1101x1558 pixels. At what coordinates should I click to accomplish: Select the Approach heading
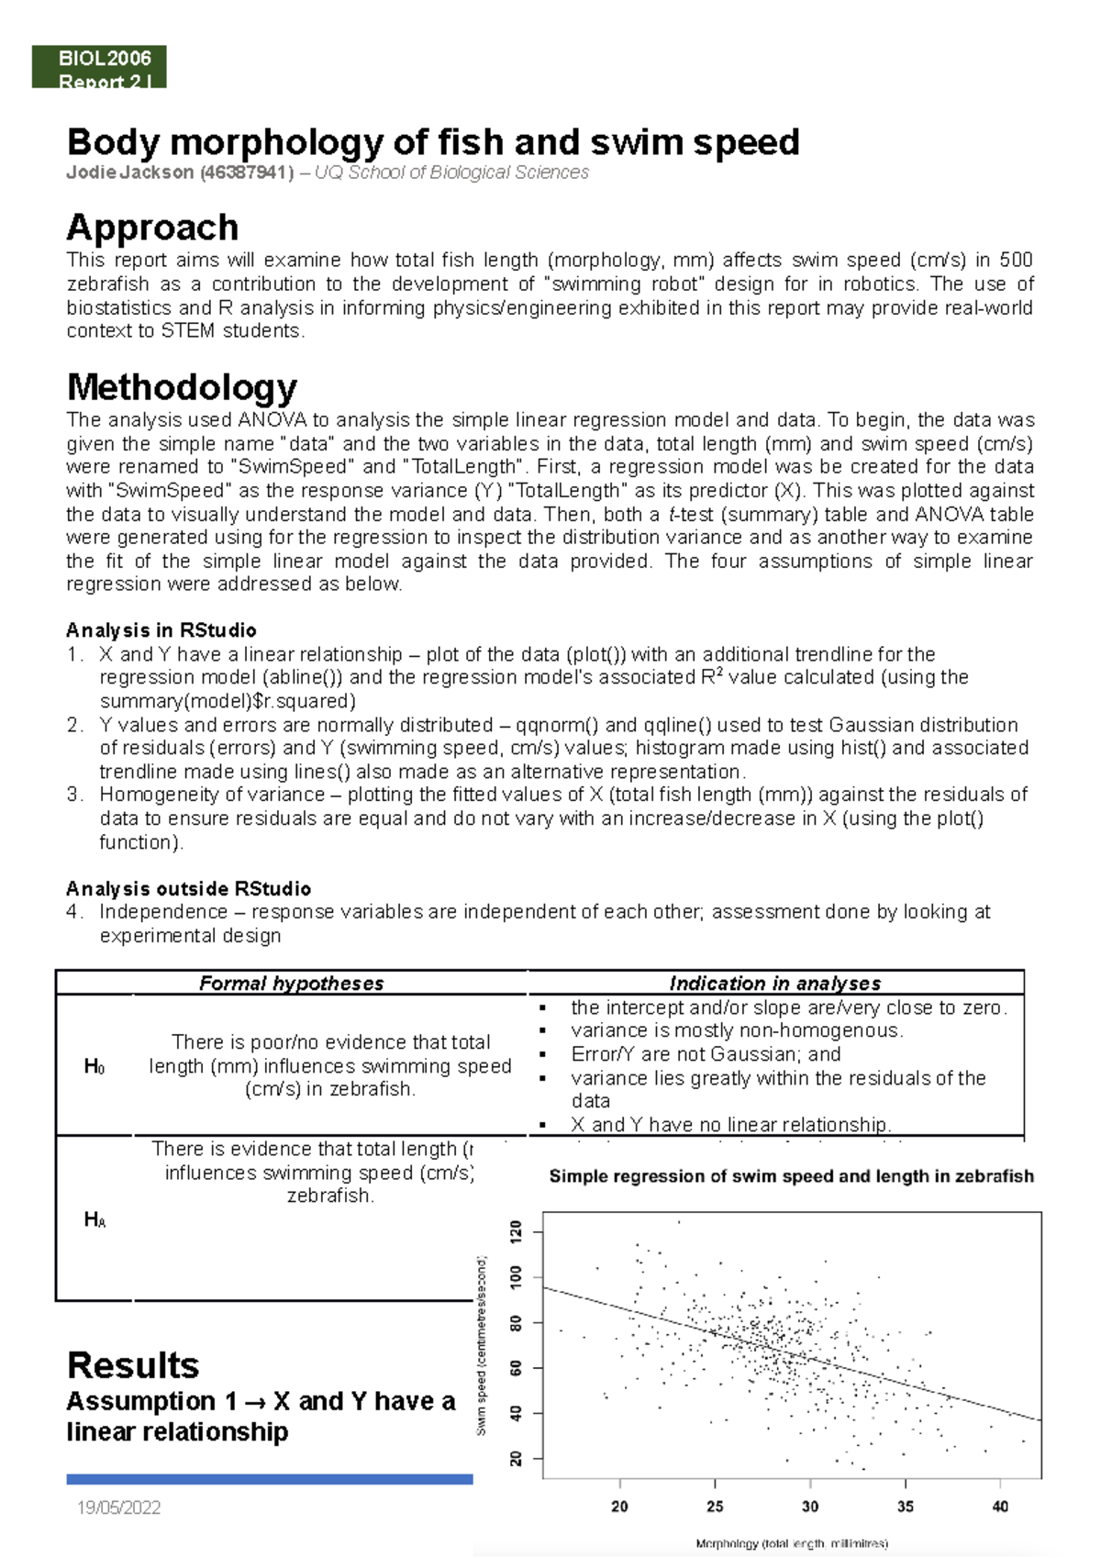point(152,228)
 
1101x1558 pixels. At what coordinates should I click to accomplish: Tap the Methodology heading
point(182,387)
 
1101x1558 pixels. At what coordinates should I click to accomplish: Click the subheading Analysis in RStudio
point(161,630)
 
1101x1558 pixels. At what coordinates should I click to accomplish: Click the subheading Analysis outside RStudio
point(188,888)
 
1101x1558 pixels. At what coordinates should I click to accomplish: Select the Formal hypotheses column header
point(291,984)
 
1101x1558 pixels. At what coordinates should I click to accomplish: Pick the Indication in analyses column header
point(774,984)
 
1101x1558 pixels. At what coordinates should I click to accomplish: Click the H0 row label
point(94,1066)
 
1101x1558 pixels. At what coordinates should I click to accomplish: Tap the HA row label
point(95,1219)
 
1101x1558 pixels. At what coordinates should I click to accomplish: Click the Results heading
point(133,1365)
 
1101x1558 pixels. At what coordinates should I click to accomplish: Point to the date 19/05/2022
point(119,1508)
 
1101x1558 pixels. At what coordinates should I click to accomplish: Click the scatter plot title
point(791,1176)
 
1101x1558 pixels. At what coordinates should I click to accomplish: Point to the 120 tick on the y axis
point(516,1231)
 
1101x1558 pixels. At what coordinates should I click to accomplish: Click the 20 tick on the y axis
point(516,1458)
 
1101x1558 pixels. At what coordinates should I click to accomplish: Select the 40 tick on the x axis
point(1000,1507)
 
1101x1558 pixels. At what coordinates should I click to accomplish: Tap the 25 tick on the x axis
point(715,1507)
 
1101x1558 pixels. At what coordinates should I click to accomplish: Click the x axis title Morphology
point(791,1543)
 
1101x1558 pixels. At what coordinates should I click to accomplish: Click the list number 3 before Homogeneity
point(74,795)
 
